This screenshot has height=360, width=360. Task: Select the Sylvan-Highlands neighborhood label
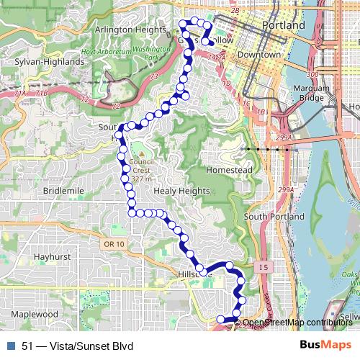[x=45, y=62]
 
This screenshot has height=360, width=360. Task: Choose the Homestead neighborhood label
[x=229, y=170]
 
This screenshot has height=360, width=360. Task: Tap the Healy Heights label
[x=181, y=191]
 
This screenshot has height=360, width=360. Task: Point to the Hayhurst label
[x=51, y=256]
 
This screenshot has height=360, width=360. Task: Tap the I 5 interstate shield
[x=265, y=268]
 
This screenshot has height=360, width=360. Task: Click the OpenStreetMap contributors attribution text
[x=297, y=323]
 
